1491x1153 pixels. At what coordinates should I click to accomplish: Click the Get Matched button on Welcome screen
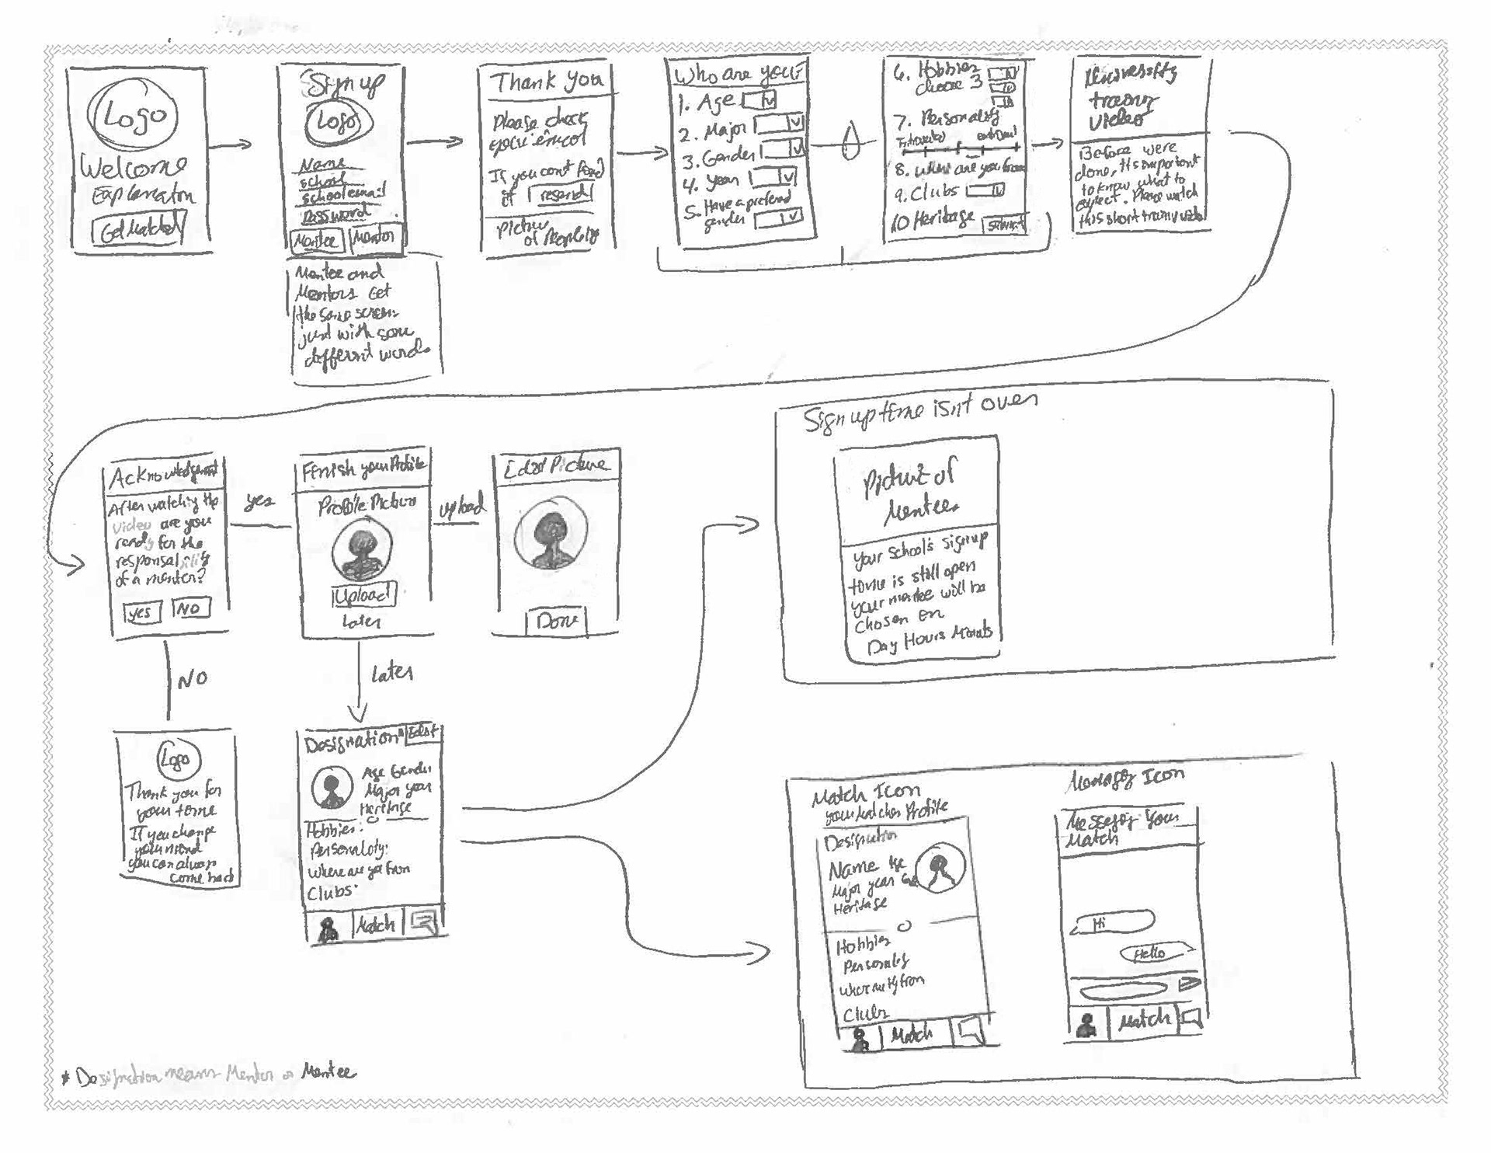pos(139,230)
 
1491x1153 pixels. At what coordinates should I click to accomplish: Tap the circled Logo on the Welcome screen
pos(133,117)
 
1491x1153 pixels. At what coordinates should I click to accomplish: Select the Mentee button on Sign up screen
pos(316,241)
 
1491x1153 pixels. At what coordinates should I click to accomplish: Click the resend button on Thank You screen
pos(561,194)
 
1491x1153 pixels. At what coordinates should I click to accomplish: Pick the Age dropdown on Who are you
pos(759,100)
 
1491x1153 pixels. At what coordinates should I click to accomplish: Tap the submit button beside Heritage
pos(1004,225)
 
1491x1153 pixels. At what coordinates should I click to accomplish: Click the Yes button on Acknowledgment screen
pos(141,612)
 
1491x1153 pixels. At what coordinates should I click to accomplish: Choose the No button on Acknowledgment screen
pos(190,608)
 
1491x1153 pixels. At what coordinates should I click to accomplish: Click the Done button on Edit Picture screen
pos(556,621)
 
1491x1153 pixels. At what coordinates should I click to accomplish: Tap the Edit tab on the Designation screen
pos(423,733)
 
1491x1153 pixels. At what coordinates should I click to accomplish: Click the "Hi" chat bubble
pos(1114,924)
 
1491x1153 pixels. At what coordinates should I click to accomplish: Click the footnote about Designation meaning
pos(210,1075)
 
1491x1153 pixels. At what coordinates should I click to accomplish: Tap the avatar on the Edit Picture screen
pos(551,535)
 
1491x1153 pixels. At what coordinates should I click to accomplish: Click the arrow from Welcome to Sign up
pos(231,145)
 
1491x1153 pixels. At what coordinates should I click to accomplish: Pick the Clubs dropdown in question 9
pos(985,190)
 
